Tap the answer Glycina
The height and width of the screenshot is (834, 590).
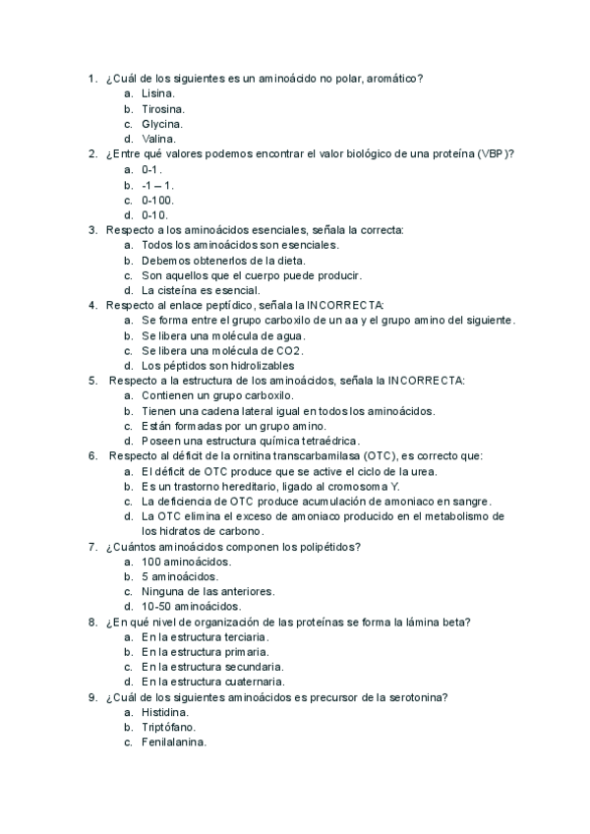[x=162, y=124]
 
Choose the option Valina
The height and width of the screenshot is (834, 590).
[x=159, y=139]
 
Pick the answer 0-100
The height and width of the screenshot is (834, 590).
[x=157, y=200]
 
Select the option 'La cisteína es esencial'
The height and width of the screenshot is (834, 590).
[x=201, y=290]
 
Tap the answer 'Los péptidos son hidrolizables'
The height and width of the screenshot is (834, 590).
[x=217, y=366]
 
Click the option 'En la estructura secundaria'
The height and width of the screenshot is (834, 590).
[x=213, y=666]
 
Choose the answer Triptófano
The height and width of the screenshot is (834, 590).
[x=168, y=727]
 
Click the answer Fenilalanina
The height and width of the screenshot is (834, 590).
[x=173, y=742]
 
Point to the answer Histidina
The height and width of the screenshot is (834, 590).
[x=164, y=711]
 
